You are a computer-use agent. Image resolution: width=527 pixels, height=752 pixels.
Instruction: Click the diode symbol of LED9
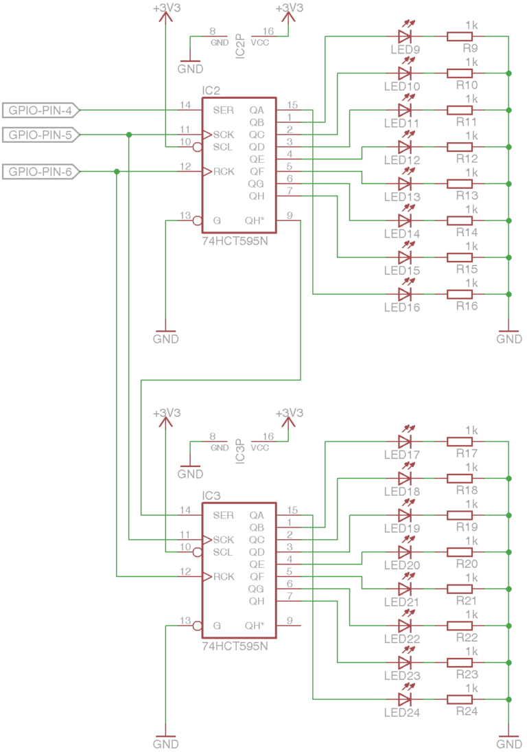pyautogui.click(x=404, y=36)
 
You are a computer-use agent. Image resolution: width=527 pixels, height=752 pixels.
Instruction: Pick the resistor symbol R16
pyautogui.click(x=460, y=294)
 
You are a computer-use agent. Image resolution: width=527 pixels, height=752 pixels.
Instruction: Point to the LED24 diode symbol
pyautogui.click(x=404, y=699)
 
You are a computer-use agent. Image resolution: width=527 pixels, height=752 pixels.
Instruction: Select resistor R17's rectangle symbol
pyautogui.click(x=460, y=441)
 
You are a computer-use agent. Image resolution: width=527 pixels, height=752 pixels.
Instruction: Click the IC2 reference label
pyautogui.click(x=211, y=91)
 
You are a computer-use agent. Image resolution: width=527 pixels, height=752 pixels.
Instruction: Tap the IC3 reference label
pyautogui.click(x=211, y=496)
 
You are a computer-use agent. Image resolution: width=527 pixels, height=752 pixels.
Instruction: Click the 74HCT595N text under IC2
pyautogui.click(x=235, y=242)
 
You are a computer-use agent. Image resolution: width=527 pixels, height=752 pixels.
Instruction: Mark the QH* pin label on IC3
pyautogui.click(x=255, y=626)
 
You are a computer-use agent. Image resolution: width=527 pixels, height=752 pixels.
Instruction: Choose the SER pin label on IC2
pyautogui.click(x=223, y=110)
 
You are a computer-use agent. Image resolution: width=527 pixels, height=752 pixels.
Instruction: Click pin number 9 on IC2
pyautogui.click(x=290, y=216)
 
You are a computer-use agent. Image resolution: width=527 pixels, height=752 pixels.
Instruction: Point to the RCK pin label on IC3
pyautogui.click(x=224, y=577)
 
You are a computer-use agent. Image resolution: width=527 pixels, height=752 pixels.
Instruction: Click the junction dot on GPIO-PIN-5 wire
pyautogui.click(x=129, y=135)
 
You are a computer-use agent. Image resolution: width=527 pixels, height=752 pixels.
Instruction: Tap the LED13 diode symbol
pyautogui.click(x=404, y=183)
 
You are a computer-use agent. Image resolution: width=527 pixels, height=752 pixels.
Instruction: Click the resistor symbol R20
pyautogui.click(x=460, y=551)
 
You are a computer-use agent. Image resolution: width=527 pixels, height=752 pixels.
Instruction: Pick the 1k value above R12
pyautogui.click(x=471, y=136)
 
